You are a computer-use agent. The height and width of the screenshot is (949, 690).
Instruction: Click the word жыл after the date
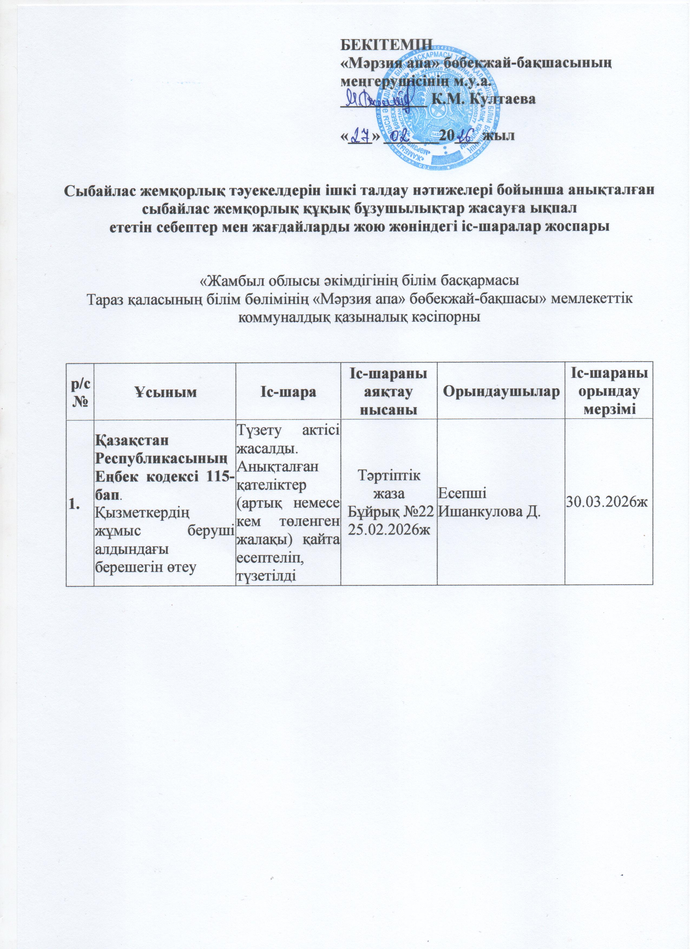pyautogui.click(x=499, y=137)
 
